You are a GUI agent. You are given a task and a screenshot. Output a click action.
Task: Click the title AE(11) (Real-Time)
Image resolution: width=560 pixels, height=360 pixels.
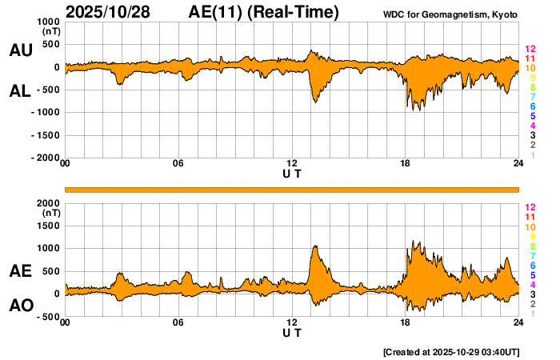(264, 12)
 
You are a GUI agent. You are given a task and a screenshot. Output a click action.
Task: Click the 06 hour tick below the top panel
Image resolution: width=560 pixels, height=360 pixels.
(178, 164)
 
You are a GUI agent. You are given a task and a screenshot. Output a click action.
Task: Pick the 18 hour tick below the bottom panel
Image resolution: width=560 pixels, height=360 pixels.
(406, 322)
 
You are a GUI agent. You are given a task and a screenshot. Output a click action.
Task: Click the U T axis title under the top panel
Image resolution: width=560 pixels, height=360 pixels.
(292, 173)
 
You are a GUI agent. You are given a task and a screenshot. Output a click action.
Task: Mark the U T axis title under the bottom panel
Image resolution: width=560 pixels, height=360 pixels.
(292, 332)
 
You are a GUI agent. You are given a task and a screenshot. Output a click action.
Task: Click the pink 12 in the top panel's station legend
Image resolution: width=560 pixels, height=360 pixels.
(530, 49)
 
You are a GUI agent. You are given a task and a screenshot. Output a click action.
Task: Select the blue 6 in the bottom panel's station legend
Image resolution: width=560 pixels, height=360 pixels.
(532, 265)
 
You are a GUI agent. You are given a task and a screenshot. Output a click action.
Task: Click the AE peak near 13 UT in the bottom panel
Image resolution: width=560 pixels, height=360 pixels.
(315, 247)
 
